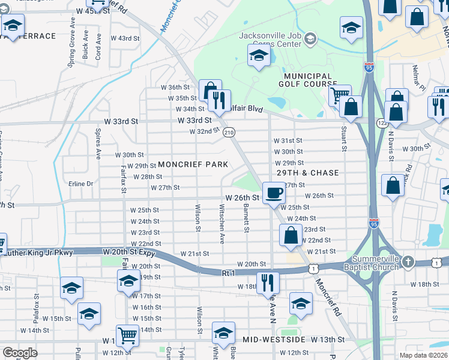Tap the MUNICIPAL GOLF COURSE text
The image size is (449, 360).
[308, 80]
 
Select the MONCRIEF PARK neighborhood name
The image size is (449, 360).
[193, 164]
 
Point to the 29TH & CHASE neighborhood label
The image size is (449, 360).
[307, 173]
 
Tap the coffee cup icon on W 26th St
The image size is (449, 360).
[274, 193]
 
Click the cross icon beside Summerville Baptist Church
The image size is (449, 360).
[408, 262]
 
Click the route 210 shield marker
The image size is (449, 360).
[228, 132]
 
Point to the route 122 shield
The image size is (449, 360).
[382, 122]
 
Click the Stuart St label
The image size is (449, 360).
[345, 138]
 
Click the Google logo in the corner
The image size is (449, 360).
[20, 353]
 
